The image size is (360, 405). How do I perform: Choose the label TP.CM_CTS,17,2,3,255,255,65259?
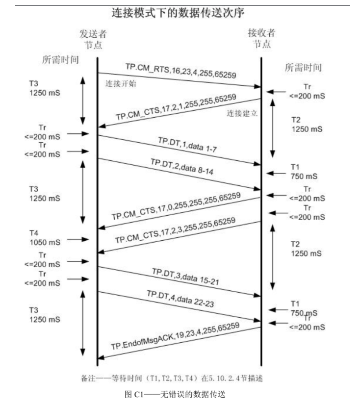click(x=178, y=233)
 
